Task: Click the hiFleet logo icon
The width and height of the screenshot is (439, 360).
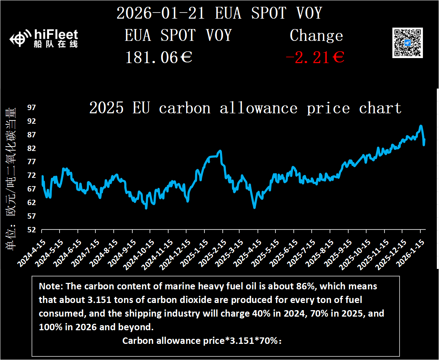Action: [x=19, y=39]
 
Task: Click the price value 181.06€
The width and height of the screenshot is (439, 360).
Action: [x=159, y=57]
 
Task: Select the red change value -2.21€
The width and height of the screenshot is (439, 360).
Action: [x=315, y=57]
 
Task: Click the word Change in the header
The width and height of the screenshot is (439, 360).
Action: [x=316, y=35]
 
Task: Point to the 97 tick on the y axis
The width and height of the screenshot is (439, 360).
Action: [x=32, y=108]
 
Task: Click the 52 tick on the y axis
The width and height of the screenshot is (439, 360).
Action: [x=32, y=229]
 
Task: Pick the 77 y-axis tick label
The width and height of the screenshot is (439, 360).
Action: [x=32, y=162]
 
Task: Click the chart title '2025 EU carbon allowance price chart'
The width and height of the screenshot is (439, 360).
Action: [x=245, y=108]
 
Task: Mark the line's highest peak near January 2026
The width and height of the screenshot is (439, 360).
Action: [x=421, y=126]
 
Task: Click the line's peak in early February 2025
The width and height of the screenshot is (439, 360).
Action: [x=220, y=151]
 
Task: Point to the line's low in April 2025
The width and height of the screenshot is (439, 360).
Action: [x=254, y=207]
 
